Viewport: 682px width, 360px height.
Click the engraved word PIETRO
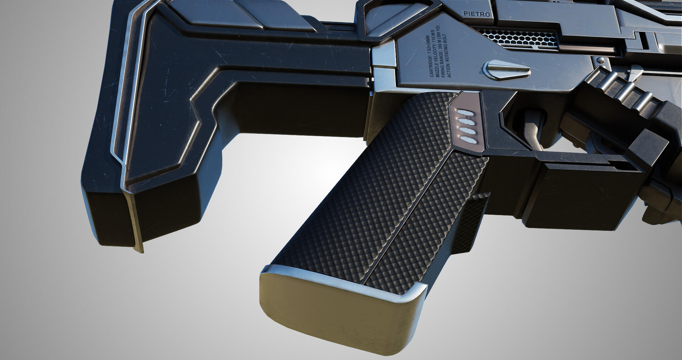476,14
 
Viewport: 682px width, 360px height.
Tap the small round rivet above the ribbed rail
600,60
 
